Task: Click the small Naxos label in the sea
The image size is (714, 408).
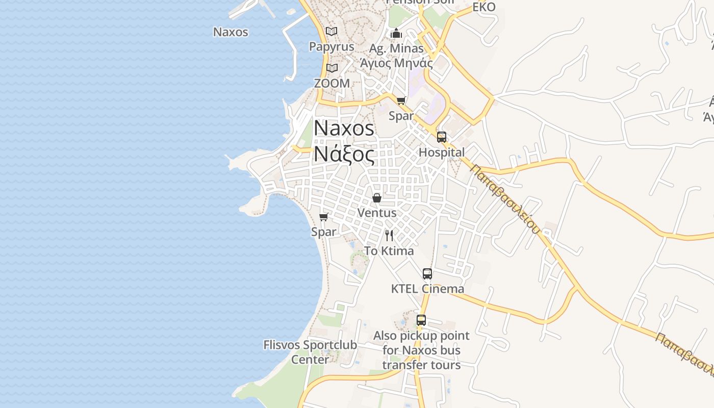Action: pyautogui.click(x=231, y=32)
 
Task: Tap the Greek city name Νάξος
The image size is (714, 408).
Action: pyautogui.click(x=344, y=154)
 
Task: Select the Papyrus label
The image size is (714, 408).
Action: pyautogui.click(x=331, y=46)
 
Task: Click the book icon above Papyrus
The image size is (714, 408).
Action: pyautogui.click(x=331, y=32)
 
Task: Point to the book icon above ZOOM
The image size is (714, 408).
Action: pyautogui.click(x=332, y=68)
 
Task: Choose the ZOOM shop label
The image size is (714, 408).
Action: pyautogui.click(x=332, y=83)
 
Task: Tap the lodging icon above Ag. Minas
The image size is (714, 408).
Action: pyautogui.click(x=396, y=34)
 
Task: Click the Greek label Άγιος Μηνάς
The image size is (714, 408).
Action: pyautogui.click(x=396, y=63)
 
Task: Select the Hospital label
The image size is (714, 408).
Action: pyautogui.click(x=442, y=152)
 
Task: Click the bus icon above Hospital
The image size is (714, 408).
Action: pyautogui.click(x=442, y=137)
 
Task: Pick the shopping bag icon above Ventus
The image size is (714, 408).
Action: pyautogui.click(x=377, y=198)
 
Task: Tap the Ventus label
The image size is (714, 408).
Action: pyautogui.click(x=377, y=213)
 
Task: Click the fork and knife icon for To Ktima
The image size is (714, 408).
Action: pyautogui.click(x=389, y=235)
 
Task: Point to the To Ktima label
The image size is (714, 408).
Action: pyautogui.click(x=389, y=251)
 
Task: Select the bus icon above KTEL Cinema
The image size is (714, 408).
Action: pyautogui.click(x=427, y=274)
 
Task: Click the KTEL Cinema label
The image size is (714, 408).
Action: pyautogui.click(x=427, y=289)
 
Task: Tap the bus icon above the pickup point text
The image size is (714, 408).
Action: pyautogui.click(x=421, y=320)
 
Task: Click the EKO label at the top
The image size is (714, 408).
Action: pyautogui.click(x=484, y=7)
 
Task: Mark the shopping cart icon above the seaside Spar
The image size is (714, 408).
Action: pyautogui.click(x=323, y=217)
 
